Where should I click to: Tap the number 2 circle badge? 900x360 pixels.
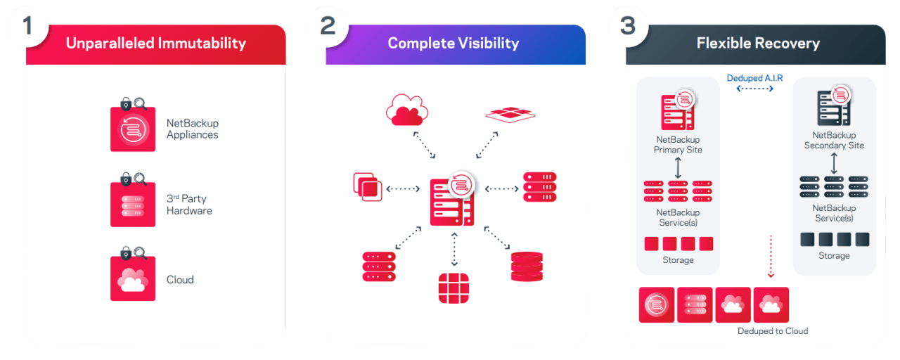click(x=328, y=27)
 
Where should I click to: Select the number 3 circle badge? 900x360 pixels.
click(x=628, y=27)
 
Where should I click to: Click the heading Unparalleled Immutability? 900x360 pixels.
click(x=156, y=44)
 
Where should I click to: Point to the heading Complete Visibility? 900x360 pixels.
click(x=454, y=44)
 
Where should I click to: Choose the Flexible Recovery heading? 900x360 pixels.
click(x=758, y=44)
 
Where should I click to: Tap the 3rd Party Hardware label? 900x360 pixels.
click(x=189, y=205)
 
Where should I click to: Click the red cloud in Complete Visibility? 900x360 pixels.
click(x=407, y=110)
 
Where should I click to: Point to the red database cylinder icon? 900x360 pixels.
click(x=527, y=266)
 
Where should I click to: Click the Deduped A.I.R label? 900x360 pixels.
click(x=755, y=78)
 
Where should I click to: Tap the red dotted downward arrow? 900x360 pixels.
click(x=771, y=256)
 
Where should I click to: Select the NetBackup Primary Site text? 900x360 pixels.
click(x=678, y=145)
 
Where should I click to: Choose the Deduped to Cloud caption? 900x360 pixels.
click(x=773, y=330)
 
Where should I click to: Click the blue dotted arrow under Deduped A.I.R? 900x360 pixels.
click(x=755, y=90)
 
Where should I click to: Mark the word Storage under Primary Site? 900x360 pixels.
click(x=678, y=260)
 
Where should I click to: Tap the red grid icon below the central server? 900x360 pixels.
click(x=454, y=288)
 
